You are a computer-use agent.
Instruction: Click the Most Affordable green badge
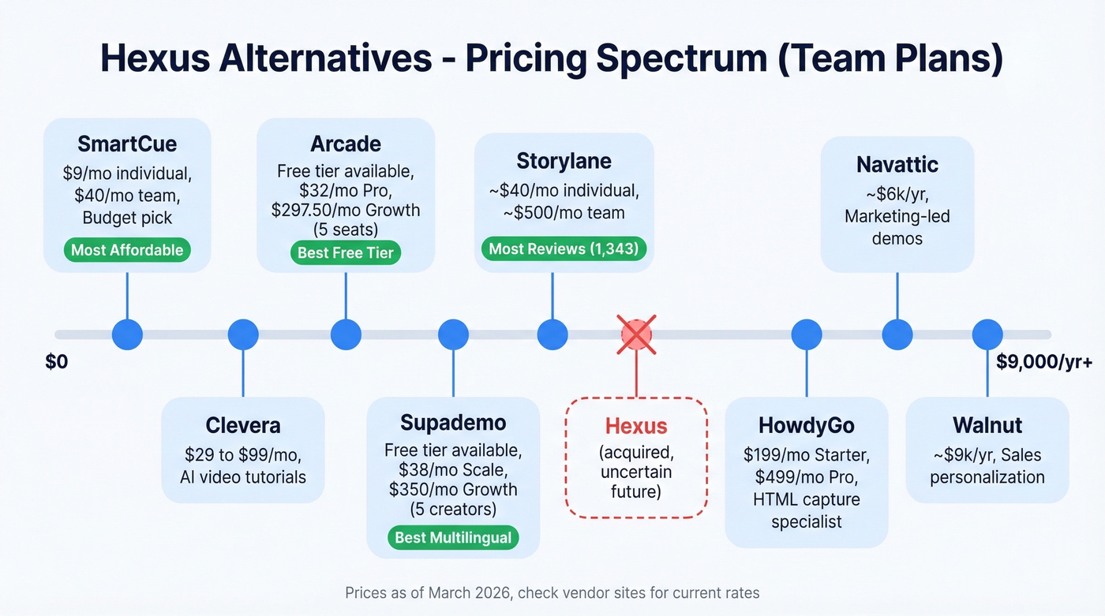click(x=127, y=251)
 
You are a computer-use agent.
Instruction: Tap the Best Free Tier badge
click(x=346, y=253)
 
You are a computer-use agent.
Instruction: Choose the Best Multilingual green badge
click(x=453, y=538)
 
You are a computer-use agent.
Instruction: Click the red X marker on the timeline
click(x=636, y=334)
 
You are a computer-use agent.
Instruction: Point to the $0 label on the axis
click(x=57, y=363)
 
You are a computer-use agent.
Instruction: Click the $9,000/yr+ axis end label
click(x=1044, y=363)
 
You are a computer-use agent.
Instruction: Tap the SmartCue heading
click(x=127, y=144)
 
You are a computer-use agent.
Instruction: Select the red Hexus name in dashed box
click(x=636, y=426)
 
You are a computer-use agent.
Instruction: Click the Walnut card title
click(x=987, y=425)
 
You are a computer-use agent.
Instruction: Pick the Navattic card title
click(x=897, y=165)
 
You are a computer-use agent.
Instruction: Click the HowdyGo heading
click(x=807, y=425)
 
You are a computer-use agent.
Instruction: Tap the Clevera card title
click(x=243, y=425)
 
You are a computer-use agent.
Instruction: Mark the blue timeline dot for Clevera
click(x=243, y=334)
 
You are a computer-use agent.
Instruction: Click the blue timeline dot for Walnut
click(x=987, y=334)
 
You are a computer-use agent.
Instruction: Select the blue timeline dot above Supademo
click(x=453, y=334)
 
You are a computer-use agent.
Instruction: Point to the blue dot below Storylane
click(x=552, y=334)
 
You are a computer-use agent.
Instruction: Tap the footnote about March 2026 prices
click(x=552, y=592)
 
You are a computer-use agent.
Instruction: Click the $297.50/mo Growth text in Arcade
click(x=346, y=211)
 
